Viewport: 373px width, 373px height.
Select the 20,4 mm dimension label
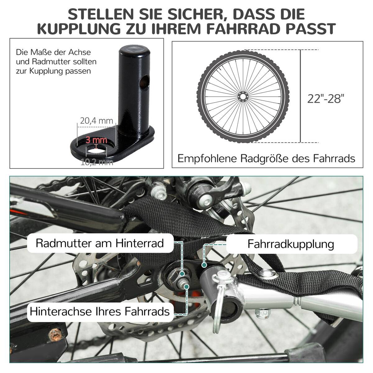click(x=96, y=121)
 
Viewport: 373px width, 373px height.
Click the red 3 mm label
click(x=96, y=140)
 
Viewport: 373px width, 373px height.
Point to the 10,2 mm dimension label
click(x=97, y=162)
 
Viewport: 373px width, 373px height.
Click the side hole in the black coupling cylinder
click(x=145, y=82)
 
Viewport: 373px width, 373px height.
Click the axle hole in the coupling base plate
click(x=96, y=151)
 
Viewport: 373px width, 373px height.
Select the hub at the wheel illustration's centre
click(x=243, y=96)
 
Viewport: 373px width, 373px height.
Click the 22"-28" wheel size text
click(x=326, y=99)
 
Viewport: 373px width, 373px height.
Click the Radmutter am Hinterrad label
click(x=100, y=243)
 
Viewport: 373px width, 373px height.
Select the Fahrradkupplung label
click(x=291, y=244)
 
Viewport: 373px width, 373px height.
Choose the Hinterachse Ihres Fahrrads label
click(x=100, y=311)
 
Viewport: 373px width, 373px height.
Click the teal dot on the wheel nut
click(x=182, y=274)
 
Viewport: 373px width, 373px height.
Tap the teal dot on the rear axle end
click(x=186, y=287)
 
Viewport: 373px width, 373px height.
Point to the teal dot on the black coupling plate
click(x=203, y=265)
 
